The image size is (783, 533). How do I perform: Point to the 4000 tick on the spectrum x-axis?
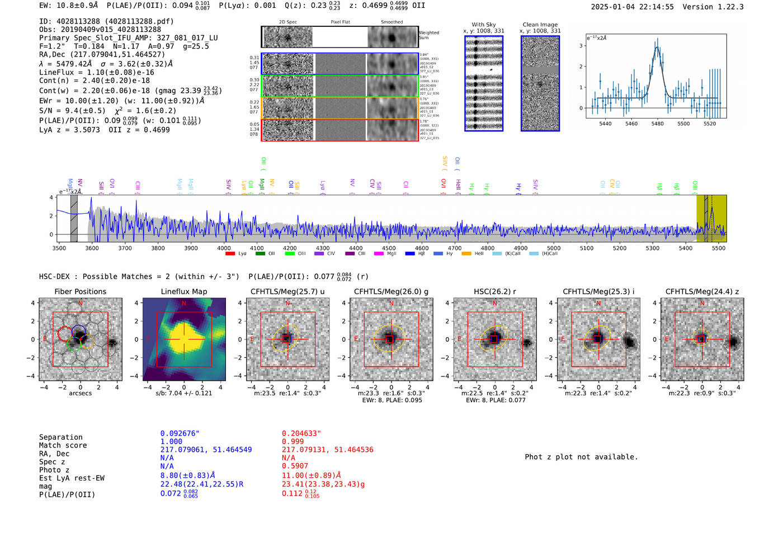click(x=224, y=248)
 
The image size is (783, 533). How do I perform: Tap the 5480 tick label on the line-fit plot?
click(x=657, y=124)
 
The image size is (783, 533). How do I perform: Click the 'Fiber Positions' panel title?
click(x=80, y=291)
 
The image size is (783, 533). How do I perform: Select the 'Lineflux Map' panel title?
click(x=183, y=291)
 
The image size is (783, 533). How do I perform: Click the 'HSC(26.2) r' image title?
click(x=494, y=291)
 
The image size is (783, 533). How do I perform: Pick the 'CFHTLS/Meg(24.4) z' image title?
click(x=702, y=291)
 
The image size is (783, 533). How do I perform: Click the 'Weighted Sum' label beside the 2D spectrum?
click(x=429, y=35)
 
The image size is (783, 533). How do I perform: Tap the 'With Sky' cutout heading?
click(x=483, y=25)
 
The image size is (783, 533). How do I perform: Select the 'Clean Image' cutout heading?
click(x=540, y=25)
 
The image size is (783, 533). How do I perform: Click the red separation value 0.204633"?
click(x=301, y=433)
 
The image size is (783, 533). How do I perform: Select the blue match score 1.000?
click(x=171, y=441)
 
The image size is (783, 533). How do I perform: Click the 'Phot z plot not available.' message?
click(x=581, y=457)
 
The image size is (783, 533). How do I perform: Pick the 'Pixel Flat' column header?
click(x=340, y=22)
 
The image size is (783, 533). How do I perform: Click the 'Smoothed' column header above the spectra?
click(x=391, y=22)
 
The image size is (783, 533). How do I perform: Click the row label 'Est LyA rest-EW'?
click(x=72, y=478)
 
